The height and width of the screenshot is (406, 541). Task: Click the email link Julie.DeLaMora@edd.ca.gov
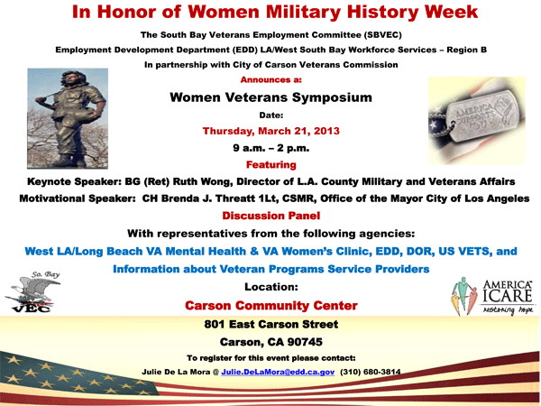[278, 372]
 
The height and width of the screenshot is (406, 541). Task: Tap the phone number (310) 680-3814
[371, 372]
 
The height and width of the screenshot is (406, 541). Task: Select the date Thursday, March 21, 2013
[270, 131]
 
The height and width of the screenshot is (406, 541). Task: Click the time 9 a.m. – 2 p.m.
[270, 148]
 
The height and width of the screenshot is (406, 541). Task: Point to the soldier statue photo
[68, 118]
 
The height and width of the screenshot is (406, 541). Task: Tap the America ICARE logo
[492, 296]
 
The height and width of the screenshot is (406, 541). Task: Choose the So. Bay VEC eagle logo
[32, 291]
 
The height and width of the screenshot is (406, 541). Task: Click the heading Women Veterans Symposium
[270, 97]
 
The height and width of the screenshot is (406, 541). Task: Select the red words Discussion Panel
[270, 216]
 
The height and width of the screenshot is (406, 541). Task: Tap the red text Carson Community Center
[270, 306]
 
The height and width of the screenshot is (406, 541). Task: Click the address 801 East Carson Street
[270, 324]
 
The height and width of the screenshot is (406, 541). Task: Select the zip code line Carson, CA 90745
[270, 342]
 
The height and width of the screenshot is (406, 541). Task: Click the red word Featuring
[270, 165]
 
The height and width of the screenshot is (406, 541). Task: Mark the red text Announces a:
[270, 79]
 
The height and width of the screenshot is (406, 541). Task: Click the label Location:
[270, 287]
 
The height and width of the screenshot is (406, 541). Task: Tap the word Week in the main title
[452, 12]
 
